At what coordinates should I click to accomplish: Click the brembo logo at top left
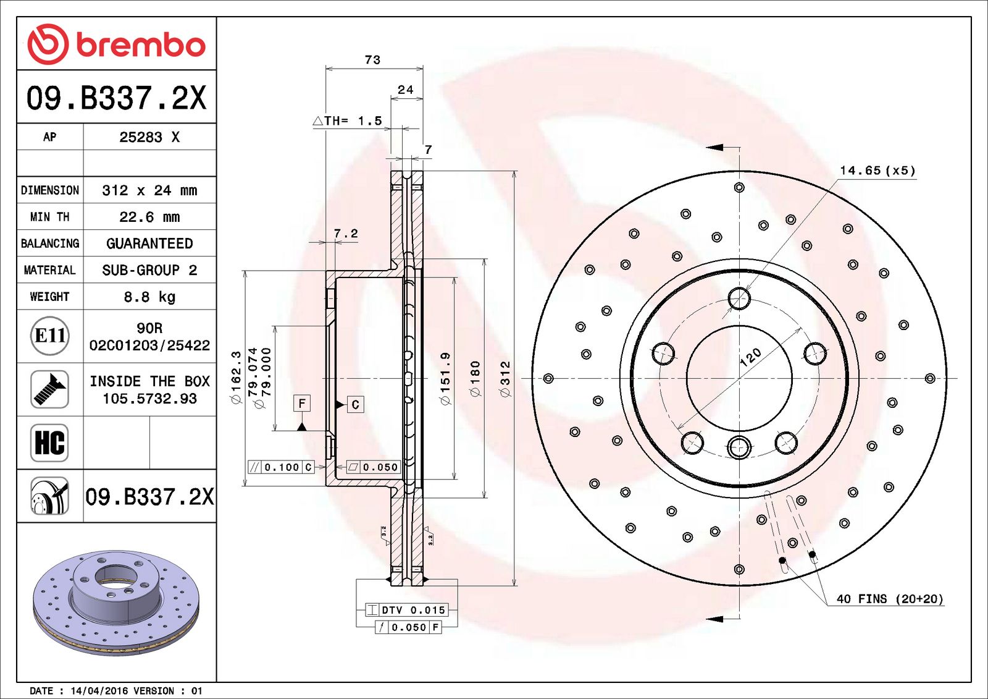coord(116,44)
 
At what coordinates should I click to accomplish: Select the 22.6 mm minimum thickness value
coord(149,217)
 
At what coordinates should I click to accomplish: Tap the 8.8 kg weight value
coord(149,297)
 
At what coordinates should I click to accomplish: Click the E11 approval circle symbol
coord(49,336)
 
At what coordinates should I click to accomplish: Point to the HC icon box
coord(49,443)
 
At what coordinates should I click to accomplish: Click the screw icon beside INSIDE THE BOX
coord(49,389)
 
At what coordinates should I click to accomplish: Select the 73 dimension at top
coord(372,60)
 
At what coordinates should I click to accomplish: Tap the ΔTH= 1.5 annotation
coord(347,121)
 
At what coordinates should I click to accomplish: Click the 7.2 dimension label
coord(345,234)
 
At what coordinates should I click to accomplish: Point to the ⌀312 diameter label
coord(505,378)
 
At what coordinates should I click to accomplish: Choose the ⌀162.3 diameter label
coord(236,378)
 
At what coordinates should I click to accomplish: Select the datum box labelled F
coord(302,404)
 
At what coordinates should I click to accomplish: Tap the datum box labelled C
coord(355,405)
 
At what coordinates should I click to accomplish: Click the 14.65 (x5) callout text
coord(877,171)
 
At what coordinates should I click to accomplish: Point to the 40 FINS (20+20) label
coord(889,599)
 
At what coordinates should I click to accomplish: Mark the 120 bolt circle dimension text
coord(750,357)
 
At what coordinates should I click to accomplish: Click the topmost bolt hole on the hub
coord(739,299)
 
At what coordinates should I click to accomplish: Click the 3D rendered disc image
coord(116,603)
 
